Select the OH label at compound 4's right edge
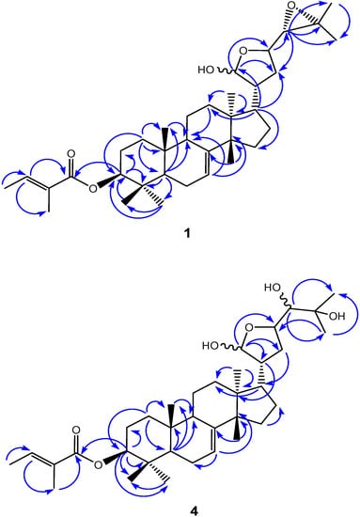[x=336, y=317]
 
